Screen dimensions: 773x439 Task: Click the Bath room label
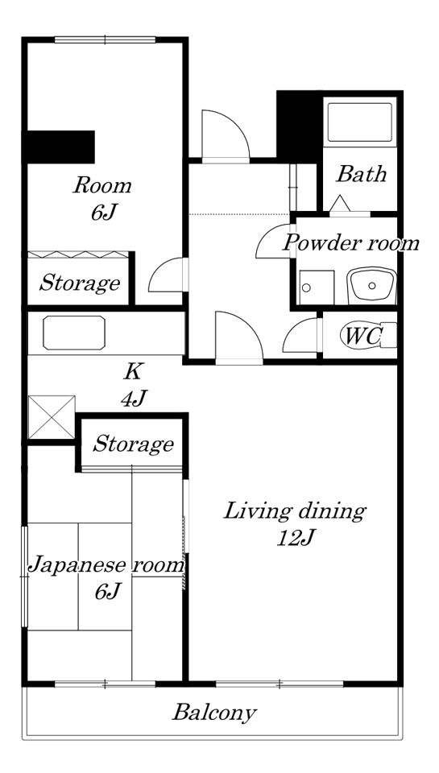pos(361,174)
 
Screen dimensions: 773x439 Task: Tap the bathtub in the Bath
pos(361,121)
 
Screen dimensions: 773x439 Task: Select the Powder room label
pos(351,243)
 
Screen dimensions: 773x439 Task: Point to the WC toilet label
pos(362,337)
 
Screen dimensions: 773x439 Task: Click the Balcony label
pos(214,713)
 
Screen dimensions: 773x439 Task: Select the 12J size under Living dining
pos(294,538)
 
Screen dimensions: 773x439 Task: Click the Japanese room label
pos(106,565)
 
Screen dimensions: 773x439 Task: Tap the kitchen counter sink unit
pos(73,333)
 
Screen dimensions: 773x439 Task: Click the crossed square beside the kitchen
pos(51,417)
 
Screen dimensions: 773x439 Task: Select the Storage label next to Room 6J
pos(80,283)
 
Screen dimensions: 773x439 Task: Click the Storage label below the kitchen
pos(133,444)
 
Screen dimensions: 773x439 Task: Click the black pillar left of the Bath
pos(299,124)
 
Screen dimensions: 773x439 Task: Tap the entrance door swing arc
pos(223,132)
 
